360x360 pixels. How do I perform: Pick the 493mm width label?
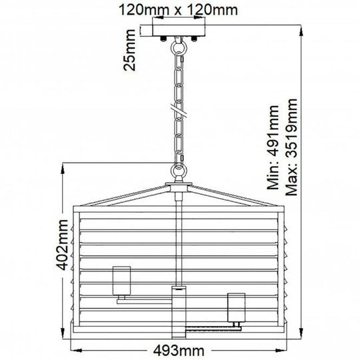(179, 351)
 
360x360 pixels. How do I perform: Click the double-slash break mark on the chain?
(177, 107)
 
